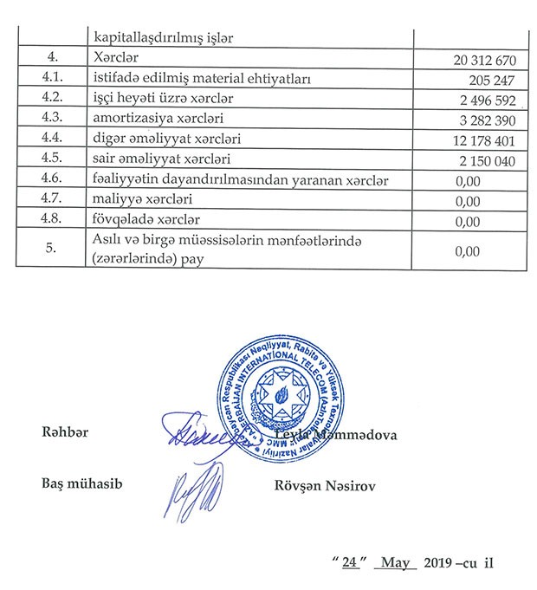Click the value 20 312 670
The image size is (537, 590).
pyautogui.click(x=483, y=60)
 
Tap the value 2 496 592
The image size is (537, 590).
pyautogui.click(x=487, y=100)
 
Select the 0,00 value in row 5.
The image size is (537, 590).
pyautogui.click(x=467, y=252)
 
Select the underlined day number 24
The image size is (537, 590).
pyautogui.click(x=349, y=561)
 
